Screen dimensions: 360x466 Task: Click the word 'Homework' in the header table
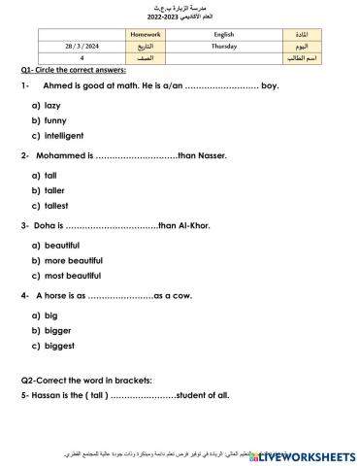(x=147, y=33)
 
